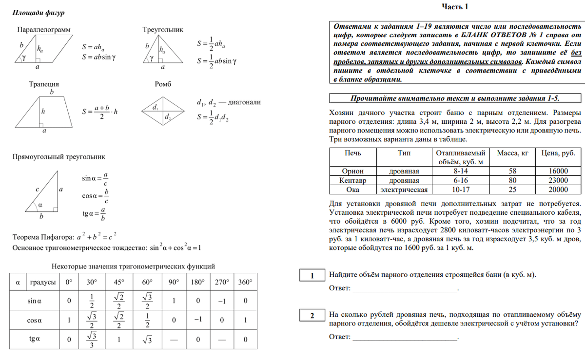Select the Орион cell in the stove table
pyautogui.click(x=352, y=171)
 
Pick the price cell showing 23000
pyautogui.click(x=558, y=180)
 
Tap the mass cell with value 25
pyautogui.click(x=512, y=189)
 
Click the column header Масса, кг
pyautogui.click(x=512, y=153)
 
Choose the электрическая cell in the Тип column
pyautogui.click(x=404, y=189)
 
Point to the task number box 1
pyautogui.click(x=312, y=276)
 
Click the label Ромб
pyautogui.click(x=163, y=84)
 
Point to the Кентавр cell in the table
pyautogui.click(x=352, y=180)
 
